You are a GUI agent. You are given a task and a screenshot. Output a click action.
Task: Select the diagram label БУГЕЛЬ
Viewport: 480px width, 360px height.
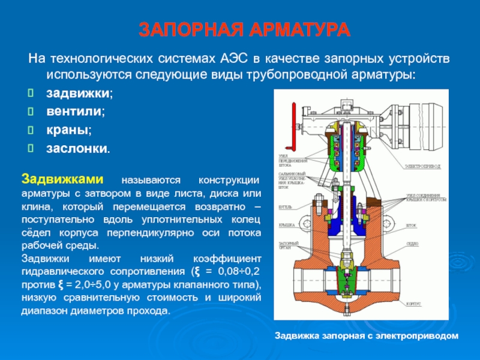(286, 206)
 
